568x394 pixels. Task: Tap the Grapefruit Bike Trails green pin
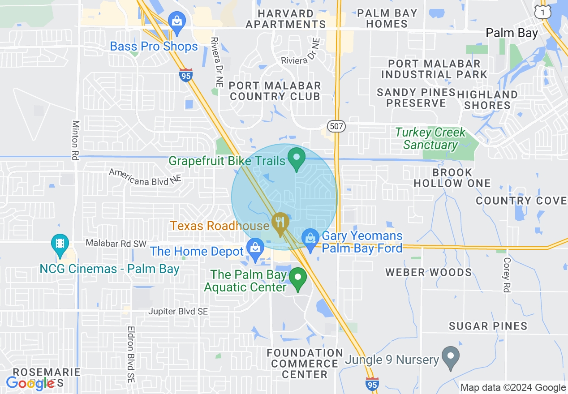[296, 158]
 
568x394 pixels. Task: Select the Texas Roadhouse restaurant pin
[280, 223]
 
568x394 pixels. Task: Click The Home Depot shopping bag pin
[255, 248]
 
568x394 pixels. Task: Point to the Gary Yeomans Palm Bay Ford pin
[310, 239]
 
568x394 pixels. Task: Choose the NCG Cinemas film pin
[60, 244]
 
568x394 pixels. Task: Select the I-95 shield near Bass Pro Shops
[185, 75]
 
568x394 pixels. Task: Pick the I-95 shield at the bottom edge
[372, 384]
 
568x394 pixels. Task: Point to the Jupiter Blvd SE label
[178, 311]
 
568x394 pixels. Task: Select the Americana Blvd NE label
[146, 176]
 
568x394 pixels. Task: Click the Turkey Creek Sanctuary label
[430, 139]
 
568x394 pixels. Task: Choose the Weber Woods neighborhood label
[429, 272]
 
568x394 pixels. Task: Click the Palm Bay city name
[512, 33]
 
